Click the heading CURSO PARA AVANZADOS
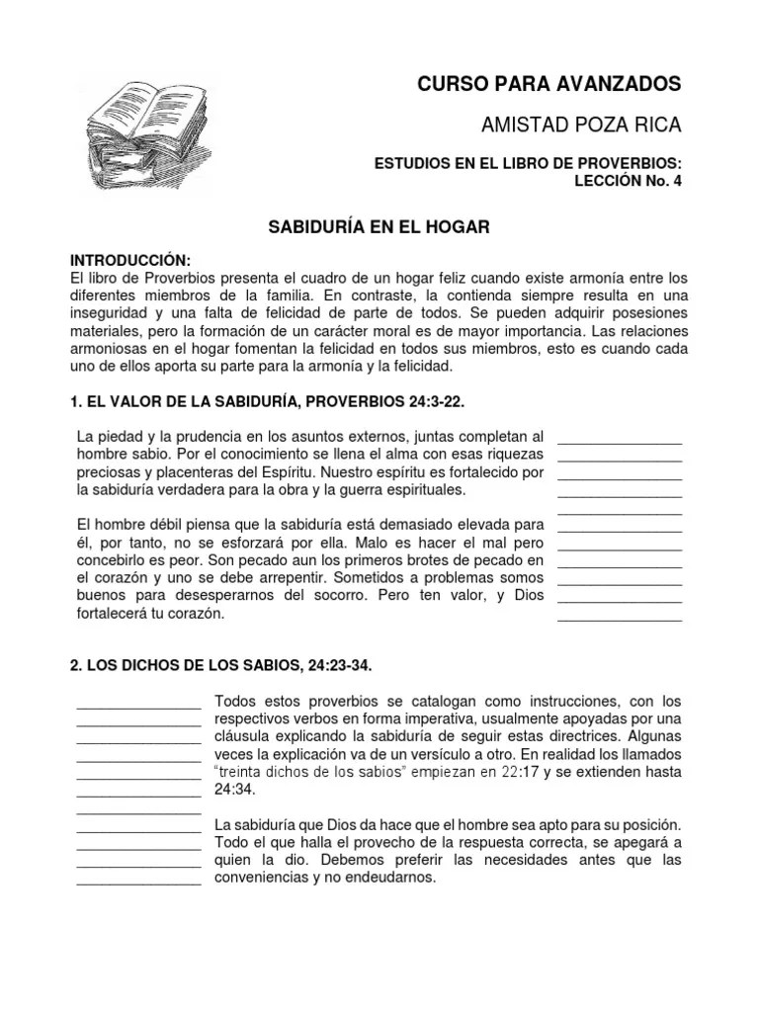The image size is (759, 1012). click(549, 84)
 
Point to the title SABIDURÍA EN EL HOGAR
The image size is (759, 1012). click(379, 227)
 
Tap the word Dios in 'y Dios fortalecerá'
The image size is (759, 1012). click(523, 595)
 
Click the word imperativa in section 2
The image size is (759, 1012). click(415, 718)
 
